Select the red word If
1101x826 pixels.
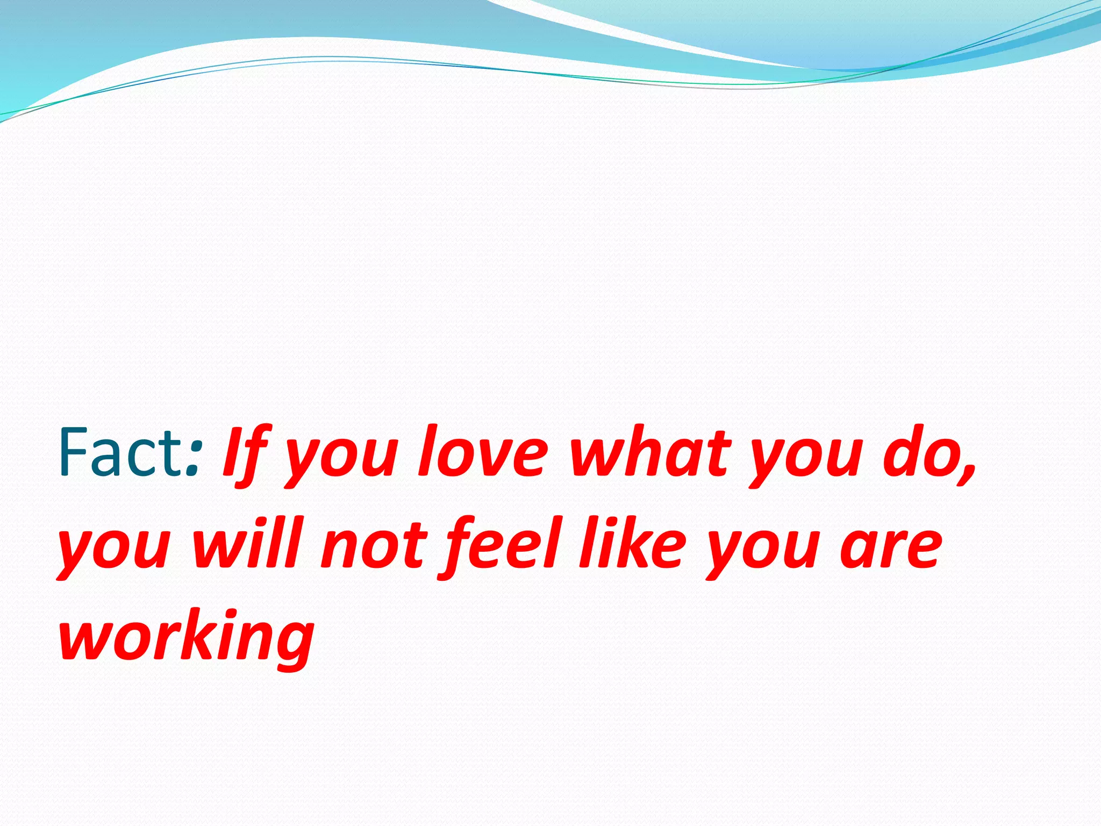point(245,454)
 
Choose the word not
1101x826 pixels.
point(373,546)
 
